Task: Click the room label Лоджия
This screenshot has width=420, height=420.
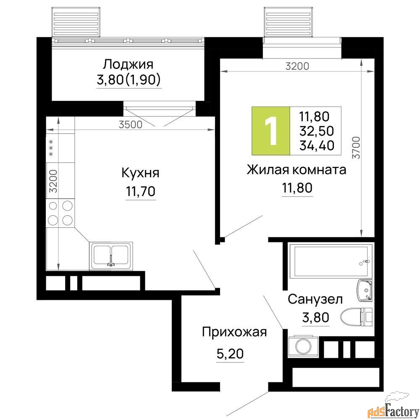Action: [128, 65]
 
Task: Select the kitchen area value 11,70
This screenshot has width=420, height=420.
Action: [141, 192]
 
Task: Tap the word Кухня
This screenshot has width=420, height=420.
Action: [140, 173]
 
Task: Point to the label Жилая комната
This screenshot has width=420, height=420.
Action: [296, 170]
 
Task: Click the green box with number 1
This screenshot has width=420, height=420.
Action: [271, 131]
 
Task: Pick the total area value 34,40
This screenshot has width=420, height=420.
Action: [317, 145]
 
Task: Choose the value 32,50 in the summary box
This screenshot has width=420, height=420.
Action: [317, 131]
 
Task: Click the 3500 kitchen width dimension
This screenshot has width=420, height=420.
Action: [131, 125]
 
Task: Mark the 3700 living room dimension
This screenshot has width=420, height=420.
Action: [356, 147]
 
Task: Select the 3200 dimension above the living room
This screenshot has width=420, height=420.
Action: [297, 66]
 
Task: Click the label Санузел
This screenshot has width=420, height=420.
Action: [315, 299]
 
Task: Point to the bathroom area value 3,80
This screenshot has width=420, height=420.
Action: [315, 318]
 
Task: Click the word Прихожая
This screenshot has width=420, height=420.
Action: [234, 333]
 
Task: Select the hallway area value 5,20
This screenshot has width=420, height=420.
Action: [230, 354]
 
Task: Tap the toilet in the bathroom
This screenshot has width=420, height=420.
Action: [356, 317]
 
